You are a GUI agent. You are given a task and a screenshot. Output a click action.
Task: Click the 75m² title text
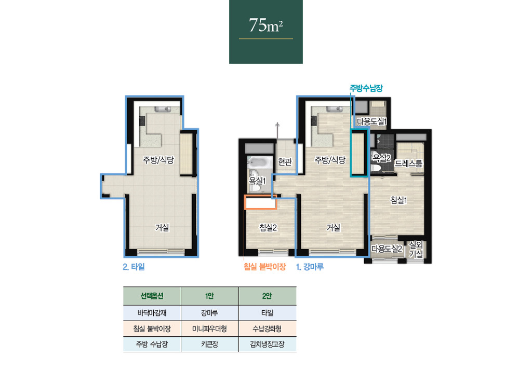click(x=265, y=25)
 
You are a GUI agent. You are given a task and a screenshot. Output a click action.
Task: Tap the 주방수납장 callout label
click(x=366, y=88)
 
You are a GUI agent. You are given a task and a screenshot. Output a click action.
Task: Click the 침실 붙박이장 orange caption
click(x=264, y=267)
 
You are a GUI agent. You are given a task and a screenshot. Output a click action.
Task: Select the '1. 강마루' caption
click(x=310, y=267)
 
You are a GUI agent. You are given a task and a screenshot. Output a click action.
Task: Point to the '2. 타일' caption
click(x=134, y=267)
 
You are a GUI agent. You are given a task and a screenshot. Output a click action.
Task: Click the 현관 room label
click(x=285, y=162)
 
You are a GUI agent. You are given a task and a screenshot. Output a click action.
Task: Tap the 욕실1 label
click(x=258, y=181)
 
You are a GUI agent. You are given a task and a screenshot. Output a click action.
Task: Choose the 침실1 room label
click(x=398, y=200)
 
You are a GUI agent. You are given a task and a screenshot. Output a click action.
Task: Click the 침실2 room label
click(x=268, y=228)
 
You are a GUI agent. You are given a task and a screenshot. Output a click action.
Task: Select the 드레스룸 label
click(x=408, y=163)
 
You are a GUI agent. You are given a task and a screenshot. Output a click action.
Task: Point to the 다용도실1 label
click(x=372, y=121)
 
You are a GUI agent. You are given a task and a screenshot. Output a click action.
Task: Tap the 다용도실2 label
click(x=387, y=249)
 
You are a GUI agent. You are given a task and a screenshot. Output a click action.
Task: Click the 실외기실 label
click(x=416, y=250)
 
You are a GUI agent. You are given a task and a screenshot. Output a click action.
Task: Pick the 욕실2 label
click(x=382, y=158)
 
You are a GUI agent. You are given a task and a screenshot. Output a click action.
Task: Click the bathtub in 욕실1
click(x=260, y=162)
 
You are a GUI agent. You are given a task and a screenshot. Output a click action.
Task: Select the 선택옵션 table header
click(x=152, y=296)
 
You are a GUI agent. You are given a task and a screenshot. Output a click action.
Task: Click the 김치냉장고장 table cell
click(x=268, y=344)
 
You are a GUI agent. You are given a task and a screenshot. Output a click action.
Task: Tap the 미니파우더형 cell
click(x=210, y=328)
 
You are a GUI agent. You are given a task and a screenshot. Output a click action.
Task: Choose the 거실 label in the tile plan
click(x=162, y=227)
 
